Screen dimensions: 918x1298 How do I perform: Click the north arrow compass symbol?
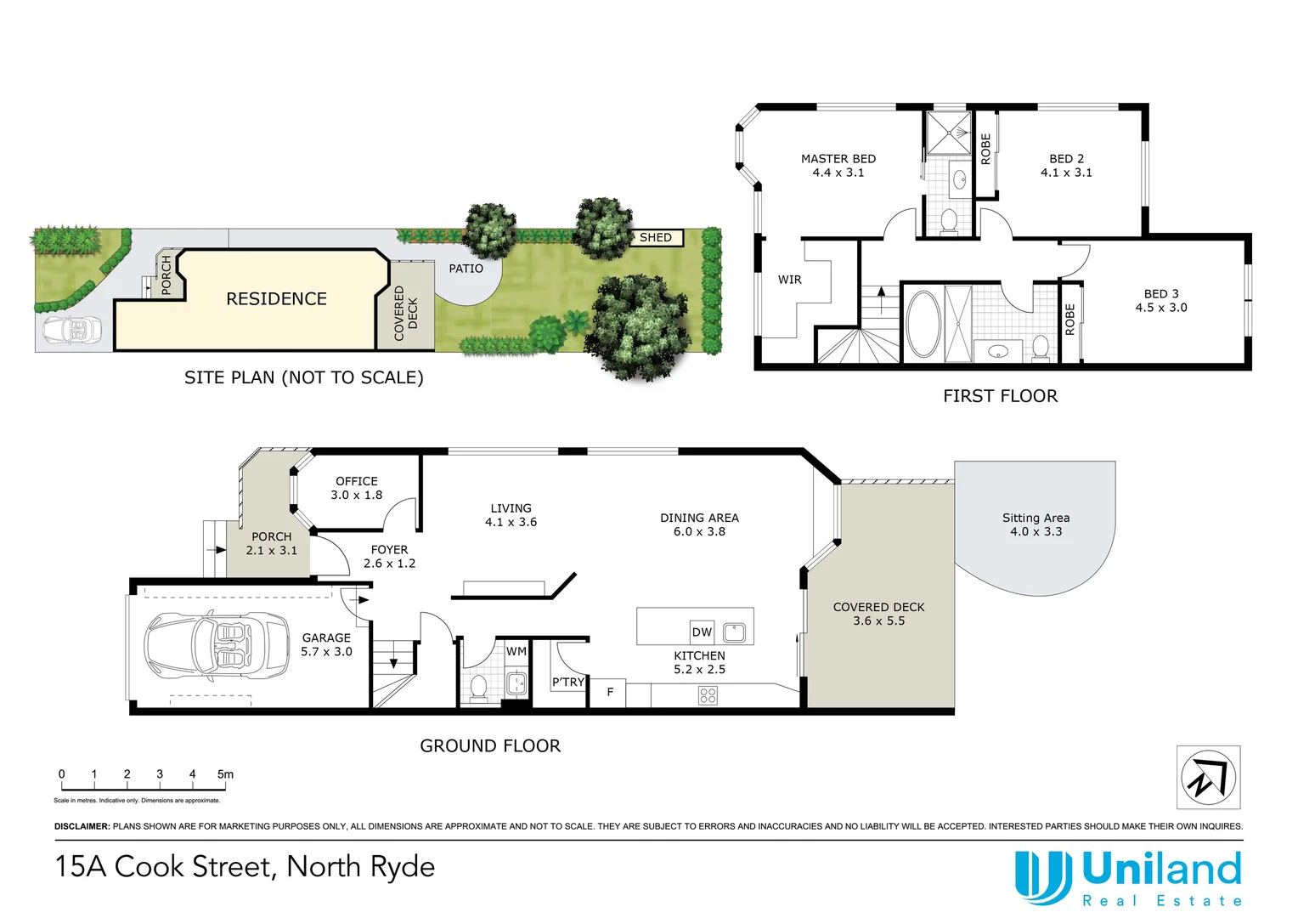1207,777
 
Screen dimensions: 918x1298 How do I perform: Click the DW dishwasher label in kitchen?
702,632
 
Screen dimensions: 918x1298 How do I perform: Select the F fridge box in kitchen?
609,693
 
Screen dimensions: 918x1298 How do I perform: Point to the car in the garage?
217,645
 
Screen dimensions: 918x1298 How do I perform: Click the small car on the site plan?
71,330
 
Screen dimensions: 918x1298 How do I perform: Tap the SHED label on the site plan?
656,238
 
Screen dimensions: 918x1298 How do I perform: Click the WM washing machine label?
516,651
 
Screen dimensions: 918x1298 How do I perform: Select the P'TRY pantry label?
568,682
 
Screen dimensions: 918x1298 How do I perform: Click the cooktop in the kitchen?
708,696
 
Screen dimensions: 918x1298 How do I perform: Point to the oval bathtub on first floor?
923,324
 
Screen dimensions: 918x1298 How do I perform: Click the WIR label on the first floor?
789,280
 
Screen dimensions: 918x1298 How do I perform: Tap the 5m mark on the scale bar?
225,774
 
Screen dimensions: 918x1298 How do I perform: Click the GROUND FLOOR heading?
490,746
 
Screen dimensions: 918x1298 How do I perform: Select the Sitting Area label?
1036,518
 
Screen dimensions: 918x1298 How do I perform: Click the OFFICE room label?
357,481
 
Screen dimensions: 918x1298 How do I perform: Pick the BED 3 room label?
1161,294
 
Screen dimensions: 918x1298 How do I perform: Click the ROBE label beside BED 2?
985,149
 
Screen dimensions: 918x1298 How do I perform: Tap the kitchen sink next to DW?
734,632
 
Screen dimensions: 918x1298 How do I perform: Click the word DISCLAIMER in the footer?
82,826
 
